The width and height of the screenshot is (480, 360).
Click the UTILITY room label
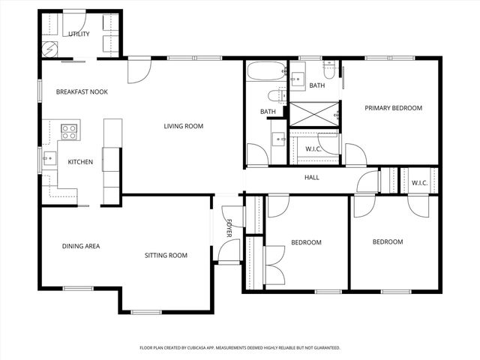coord(79,34)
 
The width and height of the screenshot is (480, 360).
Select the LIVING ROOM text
coord(184,126)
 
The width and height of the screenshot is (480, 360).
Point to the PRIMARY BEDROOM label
coord(393,108)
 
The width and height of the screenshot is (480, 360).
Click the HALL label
coord(311,178)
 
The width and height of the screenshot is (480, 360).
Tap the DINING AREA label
coord(81,246)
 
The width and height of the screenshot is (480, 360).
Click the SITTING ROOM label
coord(166,256)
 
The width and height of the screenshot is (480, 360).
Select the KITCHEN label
coord(80,162)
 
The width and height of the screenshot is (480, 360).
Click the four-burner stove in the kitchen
coord(69,132)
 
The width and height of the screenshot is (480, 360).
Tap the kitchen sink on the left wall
coord(49,158)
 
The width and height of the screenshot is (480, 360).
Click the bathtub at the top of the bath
coord(266,73)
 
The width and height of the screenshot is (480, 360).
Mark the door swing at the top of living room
coord(139,70)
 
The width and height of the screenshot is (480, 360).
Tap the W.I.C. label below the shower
coord(313,148)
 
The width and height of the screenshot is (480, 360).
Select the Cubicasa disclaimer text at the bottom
coord(240,348)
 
